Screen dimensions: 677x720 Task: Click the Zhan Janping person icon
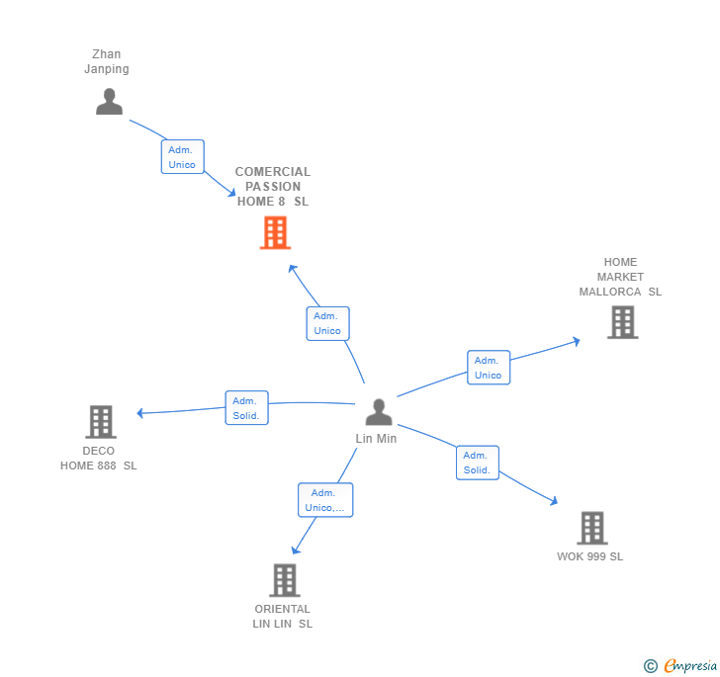[x=109, y=102]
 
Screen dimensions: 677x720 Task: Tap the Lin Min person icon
[x=379, y=412]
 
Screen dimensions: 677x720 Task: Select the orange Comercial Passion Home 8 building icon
[x=275, y=233]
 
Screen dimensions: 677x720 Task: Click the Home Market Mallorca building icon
[x=622, y=322]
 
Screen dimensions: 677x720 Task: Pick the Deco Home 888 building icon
[x=100, y=422]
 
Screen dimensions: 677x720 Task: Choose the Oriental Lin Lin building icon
[x=284, y=580]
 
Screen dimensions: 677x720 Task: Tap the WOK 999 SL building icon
[x=591, y=528]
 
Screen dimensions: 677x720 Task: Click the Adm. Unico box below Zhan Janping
[x=182, y=157]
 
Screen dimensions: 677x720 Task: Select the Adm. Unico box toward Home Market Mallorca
[x=488, y=368]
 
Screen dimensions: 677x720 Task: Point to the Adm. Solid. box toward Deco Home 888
[x=246, y=408]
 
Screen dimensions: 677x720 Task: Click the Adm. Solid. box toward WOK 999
[x=477, y=463]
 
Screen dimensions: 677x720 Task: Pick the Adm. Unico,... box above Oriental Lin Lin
[x=325, y=500]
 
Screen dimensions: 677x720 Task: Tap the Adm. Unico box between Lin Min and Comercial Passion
[x=327, y=323]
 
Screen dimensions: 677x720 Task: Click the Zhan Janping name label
[x=106, y=61]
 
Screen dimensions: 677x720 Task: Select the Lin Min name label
[x=376, y=439]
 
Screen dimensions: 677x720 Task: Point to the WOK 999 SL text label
[x=589, y=556]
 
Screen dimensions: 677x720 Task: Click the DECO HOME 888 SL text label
[x=99, y=459]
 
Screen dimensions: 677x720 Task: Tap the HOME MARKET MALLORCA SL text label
[x=620, y=277]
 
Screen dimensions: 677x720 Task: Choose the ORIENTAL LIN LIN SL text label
[x=282, y=616]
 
